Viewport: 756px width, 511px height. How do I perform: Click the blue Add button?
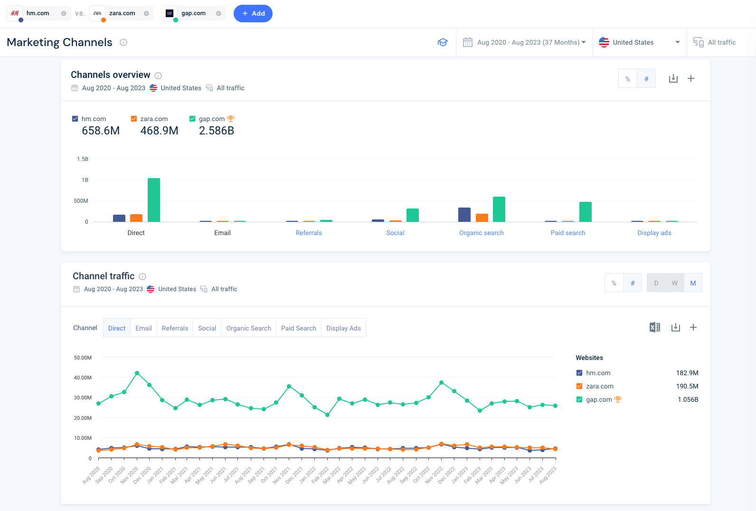tap(253, 13)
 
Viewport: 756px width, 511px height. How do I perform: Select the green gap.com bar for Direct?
tap(153, 200)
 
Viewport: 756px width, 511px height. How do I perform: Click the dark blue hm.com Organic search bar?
tap(464, 215)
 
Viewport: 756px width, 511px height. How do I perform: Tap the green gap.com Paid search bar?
tap(585, 212)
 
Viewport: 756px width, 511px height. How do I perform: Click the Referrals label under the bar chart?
tap(309, 233)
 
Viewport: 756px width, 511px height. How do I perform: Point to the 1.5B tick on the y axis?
tap(83, 159)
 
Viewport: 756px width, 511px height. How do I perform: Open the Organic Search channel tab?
tap(248, 328)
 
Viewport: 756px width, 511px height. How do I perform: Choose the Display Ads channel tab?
tap(343, 328)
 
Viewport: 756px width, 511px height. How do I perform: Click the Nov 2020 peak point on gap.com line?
tap(137, 373)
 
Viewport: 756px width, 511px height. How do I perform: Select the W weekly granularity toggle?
tap(674, 283)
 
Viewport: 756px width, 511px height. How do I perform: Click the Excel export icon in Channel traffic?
tap(654, 327)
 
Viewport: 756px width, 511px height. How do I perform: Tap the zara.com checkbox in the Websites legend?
tap(579, 386)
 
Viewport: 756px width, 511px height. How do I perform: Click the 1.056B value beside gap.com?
tap(688, 399)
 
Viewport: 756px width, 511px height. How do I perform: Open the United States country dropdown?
tap(639, 42)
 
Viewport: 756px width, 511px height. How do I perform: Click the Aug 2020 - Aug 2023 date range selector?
tap(524, 42)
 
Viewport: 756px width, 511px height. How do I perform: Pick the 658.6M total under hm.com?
tap(101, 131)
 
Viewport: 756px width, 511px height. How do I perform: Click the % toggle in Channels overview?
tap(628, 79)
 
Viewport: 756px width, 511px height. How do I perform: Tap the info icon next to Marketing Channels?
tap(123, 42)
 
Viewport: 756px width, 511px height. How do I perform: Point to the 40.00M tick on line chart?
tap(83, 378)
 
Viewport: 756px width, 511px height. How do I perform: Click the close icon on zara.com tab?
tap(146, 13)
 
